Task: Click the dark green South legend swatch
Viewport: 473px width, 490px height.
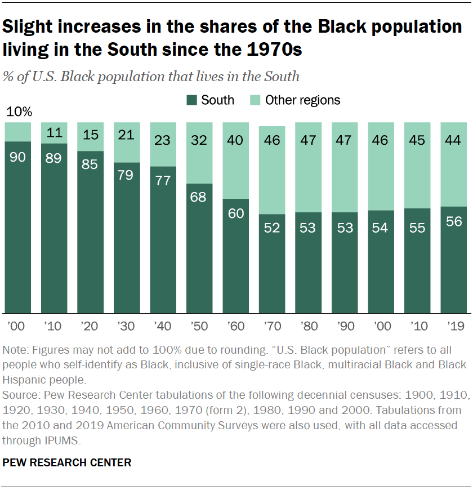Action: point(191,100)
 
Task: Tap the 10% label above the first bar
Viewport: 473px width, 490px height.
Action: point(19,112)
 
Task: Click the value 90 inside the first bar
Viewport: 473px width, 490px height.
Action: point(18,157)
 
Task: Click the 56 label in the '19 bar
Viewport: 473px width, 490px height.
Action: point(453,221)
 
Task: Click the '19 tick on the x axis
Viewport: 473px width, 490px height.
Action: point(453,326)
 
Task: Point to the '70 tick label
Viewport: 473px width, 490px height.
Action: point(272,326)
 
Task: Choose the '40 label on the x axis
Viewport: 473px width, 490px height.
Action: point(163,326)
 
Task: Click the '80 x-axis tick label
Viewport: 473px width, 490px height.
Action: point(308,326)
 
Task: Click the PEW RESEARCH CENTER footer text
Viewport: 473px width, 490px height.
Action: point(67,462)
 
